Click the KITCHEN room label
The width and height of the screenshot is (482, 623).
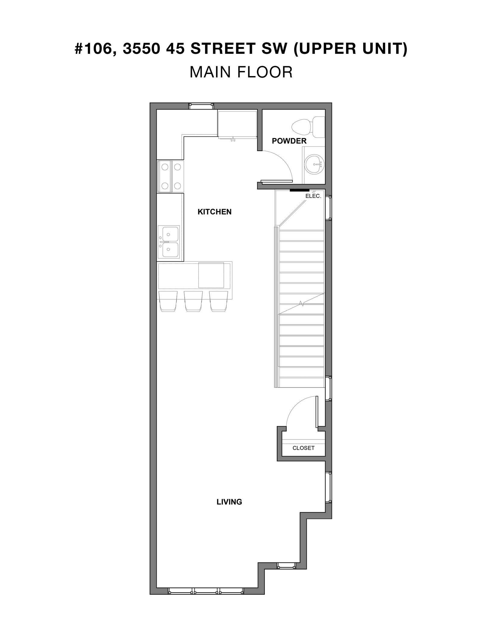[214, 212]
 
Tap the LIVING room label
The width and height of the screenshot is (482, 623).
[229, 502]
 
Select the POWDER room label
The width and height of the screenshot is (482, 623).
[289, 141]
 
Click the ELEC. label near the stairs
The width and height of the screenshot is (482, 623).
[313, 196]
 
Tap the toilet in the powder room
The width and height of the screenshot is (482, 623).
[308, 127]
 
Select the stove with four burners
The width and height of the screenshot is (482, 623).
[171, 176]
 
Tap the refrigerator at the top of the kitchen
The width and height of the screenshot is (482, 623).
[237, 125]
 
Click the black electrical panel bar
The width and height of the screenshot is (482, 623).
[299, 190]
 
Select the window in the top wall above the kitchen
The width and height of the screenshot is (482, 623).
[201, 106]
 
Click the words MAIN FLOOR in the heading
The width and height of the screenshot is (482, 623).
[241, 72]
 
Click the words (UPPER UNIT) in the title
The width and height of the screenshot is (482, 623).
[351, 49]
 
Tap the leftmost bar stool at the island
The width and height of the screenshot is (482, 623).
[168, 301]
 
